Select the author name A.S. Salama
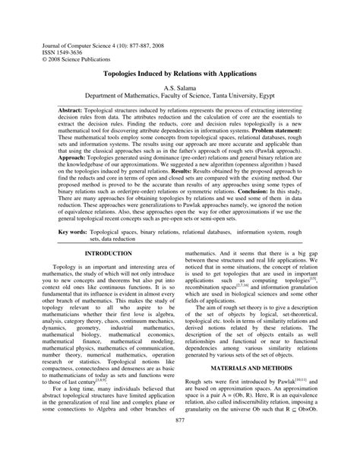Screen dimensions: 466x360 180,89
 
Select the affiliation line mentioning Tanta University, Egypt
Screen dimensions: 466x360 180,98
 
